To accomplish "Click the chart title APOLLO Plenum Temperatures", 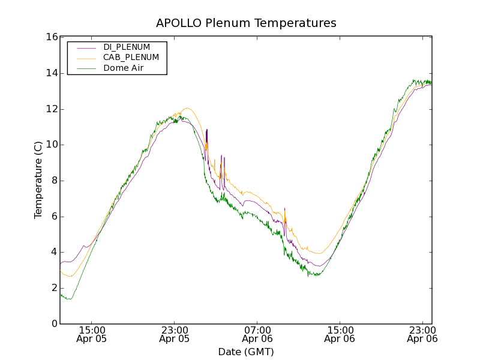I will click(x=246, y=23).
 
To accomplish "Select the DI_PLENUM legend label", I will click(x=127, y=47).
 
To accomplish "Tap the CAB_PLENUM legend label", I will click(x=131, y=58).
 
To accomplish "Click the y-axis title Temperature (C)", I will click(x=38, y=180).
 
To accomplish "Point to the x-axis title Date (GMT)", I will click(x=246, y=352).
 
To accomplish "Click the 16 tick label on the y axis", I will click(x=52, y=37).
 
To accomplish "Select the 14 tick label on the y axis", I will click(x=52, y=73).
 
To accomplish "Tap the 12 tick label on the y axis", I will click(x=52, y=109).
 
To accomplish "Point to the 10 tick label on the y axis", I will click(x=52, y=145).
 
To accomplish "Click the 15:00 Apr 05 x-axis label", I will click(x=92, y=334).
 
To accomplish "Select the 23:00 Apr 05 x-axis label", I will click(x=175, y=334).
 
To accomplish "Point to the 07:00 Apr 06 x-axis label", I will click(x=257, y=334).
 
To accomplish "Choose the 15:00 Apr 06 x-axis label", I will click(x=340, y=334).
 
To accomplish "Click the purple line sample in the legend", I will click(x=84, y=47).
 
